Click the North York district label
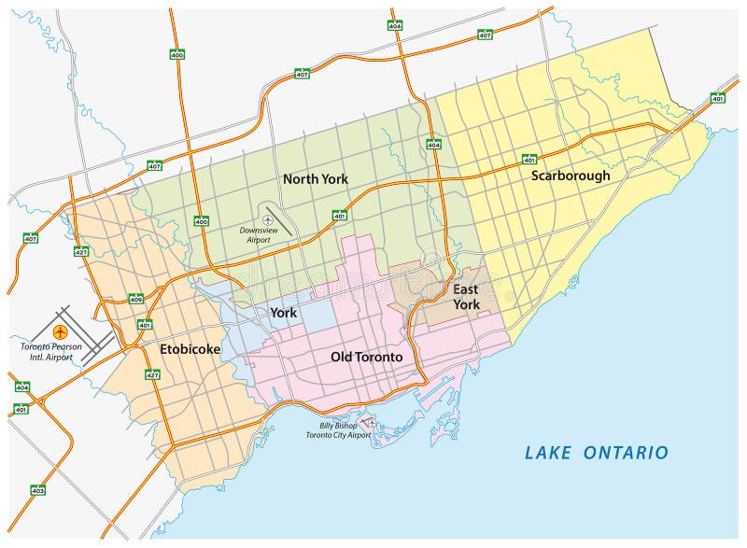click(x=315, y=178)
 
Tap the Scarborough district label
click(x=571, y=175)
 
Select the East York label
click(x=466, y=297)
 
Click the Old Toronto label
click(x=367, y=357)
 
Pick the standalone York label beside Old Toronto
click(x=283, y=313)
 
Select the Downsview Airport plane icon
click(x=268, y=219)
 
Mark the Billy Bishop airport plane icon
click(x=371, y=423)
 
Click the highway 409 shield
click(x=136, y=299)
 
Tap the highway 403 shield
click(x=38, y=490)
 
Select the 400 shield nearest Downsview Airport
click(x=201, y=221)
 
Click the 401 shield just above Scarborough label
click(x=529, y=159)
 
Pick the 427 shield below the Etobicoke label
click(x=151, y=374)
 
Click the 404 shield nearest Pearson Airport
click(x=22, y=386)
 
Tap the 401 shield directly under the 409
click(x=145, y=325)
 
